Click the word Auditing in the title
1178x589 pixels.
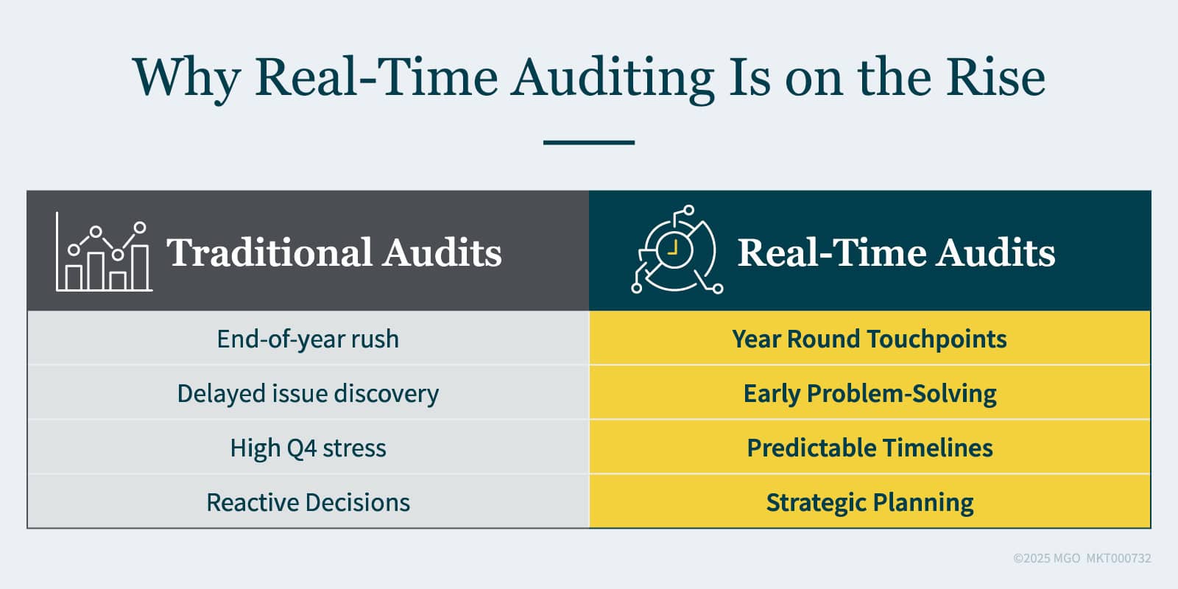[613, 78]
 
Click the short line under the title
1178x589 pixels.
[589, 142]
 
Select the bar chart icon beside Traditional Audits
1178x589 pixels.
[104, 253]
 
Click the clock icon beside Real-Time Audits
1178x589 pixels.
[675, 250]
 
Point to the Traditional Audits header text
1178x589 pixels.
[334, 253]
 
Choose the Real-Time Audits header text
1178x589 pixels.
[896, 253]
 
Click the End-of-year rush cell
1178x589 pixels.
[308, 339]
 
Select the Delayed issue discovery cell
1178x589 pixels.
[308, 393]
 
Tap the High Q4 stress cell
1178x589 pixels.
[308, 448]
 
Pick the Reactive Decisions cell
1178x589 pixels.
[308, 502]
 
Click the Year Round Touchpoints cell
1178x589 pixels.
[870, 339]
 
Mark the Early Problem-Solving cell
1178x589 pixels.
[870, 393]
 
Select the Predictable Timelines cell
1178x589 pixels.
[870, 448]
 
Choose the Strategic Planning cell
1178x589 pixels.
[870, 502]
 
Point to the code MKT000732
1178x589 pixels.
[1118, 558]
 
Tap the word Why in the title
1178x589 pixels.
[186, 78]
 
